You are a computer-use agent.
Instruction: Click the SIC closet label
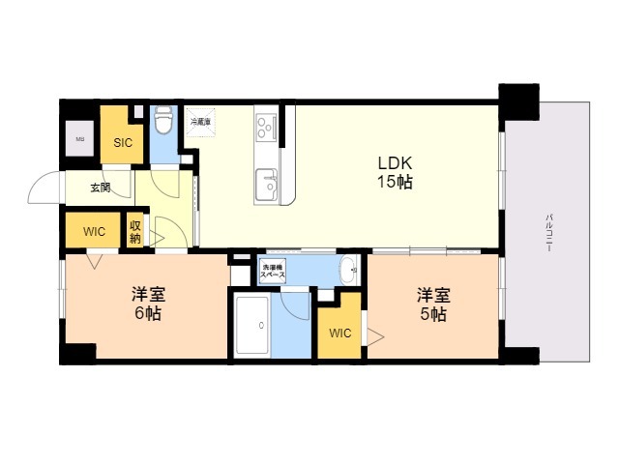(x=123, y=143)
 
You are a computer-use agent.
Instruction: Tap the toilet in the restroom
(x=163, y=121)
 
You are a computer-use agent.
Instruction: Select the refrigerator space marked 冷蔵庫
(x=201, y=123)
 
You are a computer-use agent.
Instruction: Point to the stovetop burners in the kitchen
(x=266, y=126)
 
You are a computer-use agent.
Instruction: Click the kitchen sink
(x=266, y=183)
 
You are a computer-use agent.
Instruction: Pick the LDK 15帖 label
(x=395, y=172)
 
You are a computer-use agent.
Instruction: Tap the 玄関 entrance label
(x=101, y=188)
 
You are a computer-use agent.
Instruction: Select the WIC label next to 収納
(x=94, y=232)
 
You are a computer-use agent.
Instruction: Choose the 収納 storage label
(x=135, y=232)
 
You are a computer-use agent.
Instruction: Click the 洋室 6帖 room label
(x=147, y=302)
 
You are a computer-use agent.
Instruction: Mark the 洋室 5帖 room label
(x=432, y=304)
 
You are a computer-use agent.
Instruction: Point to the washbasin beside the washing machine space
(x=347, y=271)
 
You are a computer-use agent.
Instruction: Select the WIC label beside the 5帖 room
(x=339, y=334)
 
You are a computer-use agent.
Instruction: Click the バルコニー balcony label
(x=548, y=232)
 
